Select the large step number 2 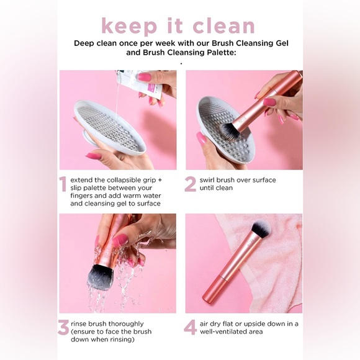click(x=191, y=184)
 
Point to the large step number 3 click(x=63, y=328)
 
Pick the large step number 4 click(x=191, y=328)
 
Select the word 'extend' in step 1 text click(x=84, y=180)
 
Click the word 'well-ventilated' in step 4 click(x=230, y=331)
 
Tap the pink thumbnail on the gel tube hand click(x=144, y=77)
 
